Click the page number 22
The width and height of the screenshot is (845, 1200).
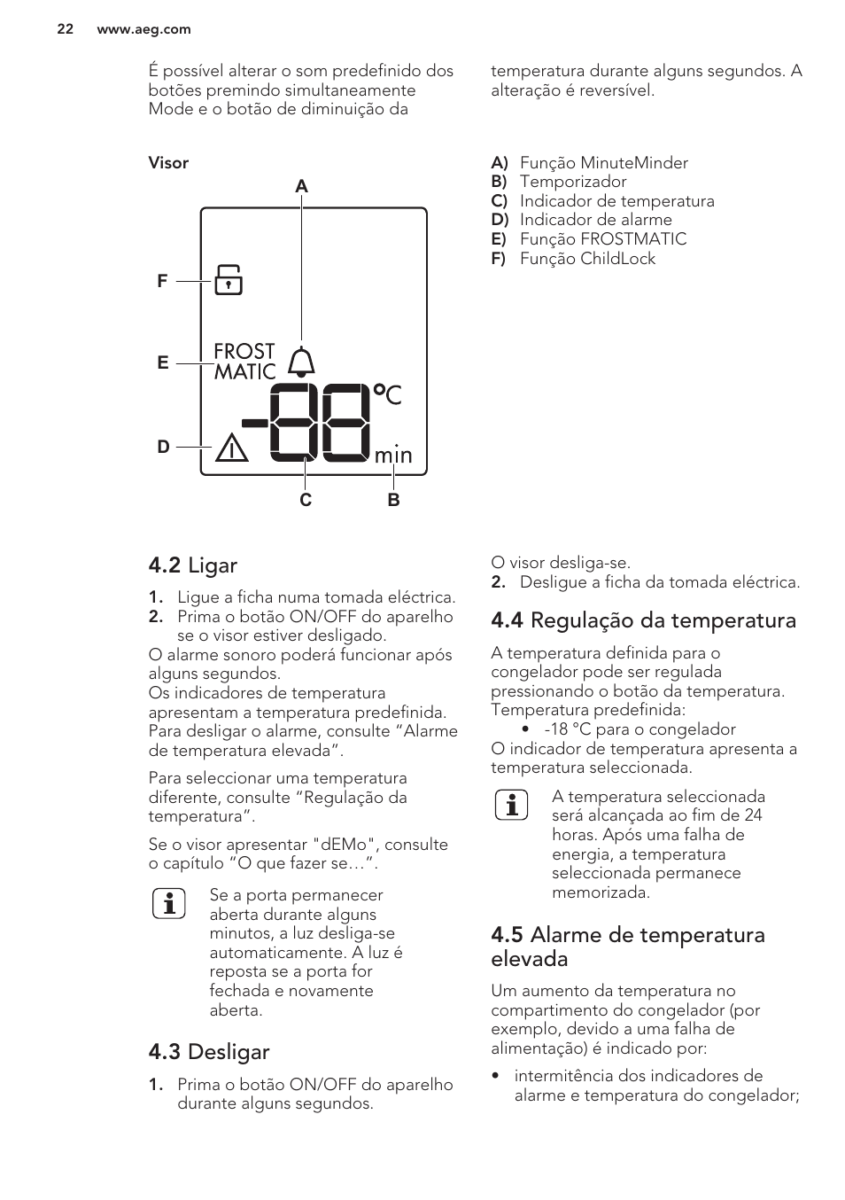pyautogui.click(x=65, y=29)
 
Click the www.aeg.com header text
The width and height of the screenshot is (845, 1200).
pyautogui.click(x=143, y=29)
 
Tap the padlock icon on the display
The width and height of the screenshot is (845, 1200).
pyautogui.click(x=229, y=279)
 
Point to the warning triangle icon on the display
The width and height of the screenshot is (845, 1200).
pyautogui.click(x=232, y=448)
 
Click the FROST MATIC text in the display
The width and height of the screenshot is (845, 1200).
pyautogui.click(x=244, y=362)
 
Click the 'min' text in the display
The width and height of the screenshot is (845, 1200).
pyautogui.click(x=393, y=456)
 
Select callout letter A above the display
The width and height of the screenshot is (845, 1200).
pyautogui.click(x=301, y=186)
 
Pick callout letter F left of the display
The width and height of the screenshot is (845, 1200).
pyautogui.click(x=162, y=281)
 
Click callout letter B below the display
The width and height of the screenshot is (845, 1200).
pyautogui.click(x=393, y=500)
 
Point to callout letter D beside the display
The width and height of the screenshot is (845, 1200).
pyautogui.click(x=163, y=447)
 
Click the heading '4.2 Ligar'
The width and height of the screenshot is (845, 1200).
pyautogui.click(x=193, y=565)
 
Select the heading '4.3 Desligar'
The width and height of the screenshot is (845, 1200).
pyautogui.click(x=209, y=1052)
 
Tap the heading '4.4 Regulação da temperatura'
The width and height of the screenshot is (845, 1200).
pyautogui.click(x=643, y=620)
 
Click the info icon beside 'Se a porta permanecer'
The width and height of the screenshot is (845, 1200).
pyautogui.click(x=168, y=903)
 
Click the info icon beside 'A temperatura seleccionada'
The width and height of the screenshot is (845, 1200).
pyautogui.click(x=511, y=805)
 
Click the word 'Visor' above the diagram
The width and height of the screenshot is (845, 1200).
pyautogui.click(x=168, y=163)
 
